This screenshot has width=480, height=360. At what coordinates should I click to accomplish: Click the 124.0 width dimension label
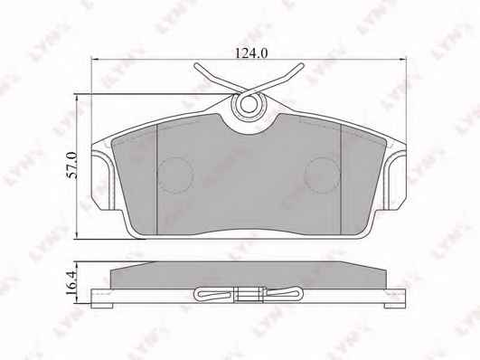[251, 53]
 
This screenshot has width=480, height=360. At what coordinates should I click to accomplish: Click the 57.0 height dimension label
[72, 166]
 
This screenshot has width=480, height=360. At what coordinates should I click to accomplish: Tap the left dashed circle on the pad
[175, 175]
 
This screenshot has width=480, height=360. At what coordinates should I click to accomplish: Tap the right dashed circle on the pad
[322, 175]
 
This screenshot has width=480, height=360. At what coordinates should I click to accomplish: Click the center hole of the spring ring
[249, 105]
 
